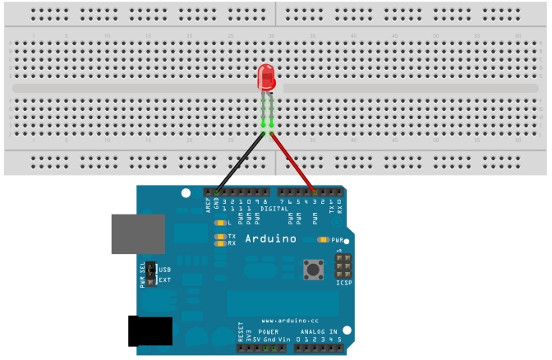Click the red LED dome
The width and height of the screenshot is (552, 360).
(267, 78)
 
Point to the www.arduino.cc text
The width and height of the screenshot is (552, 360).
(284, 320)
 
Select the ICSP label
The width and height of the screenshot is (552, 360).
(344, 284)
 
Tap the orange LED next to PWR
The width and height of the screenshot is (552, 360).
(322, 240)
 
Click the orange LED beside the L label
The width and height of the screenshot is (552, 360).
(219, 223)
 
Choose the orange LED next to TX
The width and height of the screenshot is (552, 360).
(219, 237)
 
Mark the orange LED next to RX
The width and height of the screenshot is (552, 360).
(219, 243)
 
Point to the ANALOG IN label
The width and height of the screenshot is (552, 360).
(316, 331)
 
